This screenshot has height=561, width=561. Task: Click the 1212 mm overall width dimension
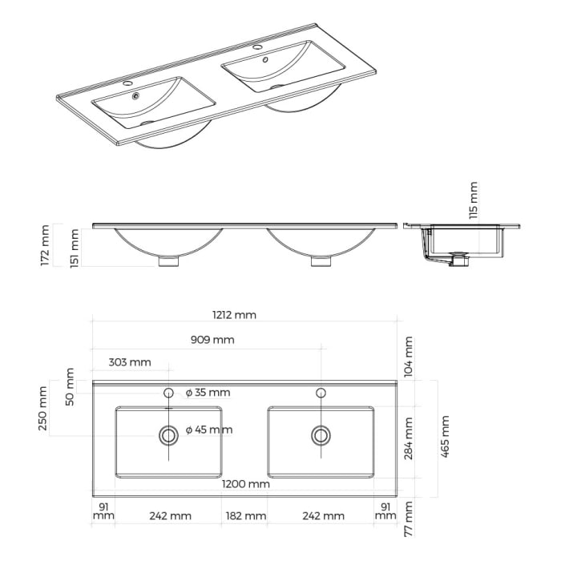(x=235, y=315)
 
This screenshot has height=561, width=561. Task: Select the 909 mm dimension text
(x=212, y=340)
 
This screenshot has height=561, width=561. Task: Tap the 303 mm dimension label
(x=129, y=362)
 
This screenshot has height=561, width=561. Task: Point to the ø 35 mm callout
(x=208, y=393)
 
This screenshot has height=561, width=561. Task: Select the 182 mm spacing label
(x=245, y=516)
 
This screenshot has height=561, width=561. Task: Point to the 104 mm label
(x=409, y=357)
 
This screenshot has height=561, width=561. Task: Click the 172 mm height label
(x=46, y=245)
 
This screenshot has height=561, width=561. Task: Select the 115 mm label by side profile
(x=473, y=200)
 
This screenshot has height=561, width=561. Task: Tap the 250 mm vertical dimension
(x=46, y=408)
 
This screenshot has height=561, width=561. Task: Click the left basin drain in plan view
(x=169, y=435)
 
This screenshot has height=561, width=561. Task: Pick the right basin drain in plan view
(x=321, y=435)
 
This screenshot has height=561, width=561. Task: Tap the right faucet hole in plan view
(x=321, y=393)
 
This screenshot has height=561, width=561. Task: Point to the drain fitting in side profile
(x=459, y=260)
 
